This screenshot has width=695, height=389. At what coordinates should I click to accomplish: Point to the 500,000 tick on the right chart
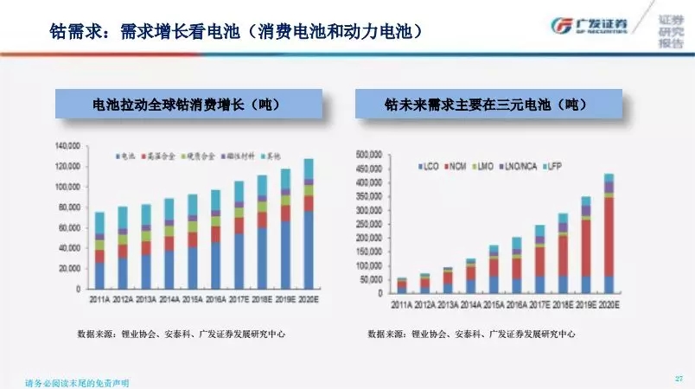coord(369,154)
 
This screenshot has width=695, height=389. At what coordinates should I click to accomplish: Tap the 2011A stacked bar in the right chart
coord(402,285)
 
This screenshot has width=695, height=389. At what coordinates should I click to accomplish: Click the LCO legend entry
coord(429,163)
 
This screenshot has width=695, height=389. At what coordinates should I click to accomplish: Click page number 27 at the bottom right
coord(679,379)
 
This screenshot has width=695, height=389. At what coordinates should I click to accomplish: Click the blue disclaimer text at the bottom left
coord(81,381)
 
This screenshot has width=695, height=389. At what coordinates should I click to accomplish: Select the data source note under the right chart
coord(471,333)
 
